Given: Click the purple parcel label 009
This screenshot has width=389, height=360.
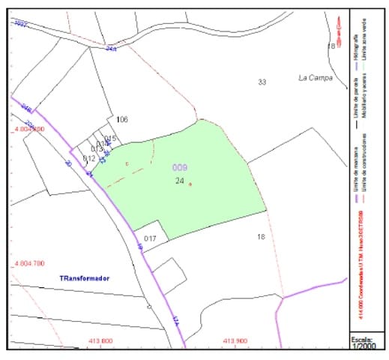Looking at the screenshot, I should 180,167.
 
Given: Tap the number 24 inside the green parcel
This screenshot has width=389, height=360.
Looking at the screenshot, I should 180,181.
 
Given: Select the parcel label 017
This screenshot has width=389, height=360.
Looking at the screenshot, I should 150,239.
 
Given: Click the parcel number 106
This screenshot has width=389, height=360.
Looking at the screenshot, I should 122,120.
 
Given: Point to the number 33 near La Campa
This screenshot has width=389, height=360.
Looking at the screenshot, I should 262,82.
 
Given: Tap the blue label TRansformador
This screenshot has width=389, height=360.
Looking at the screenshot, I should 85,278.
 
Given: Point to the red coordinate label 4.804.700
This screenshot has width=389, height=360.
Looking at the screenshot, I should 36,263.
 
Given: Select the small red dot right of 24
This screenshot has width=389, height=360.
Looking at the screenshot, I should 190,184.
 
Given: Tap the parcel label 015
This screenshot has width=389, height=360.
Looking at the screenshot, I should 111,139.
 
